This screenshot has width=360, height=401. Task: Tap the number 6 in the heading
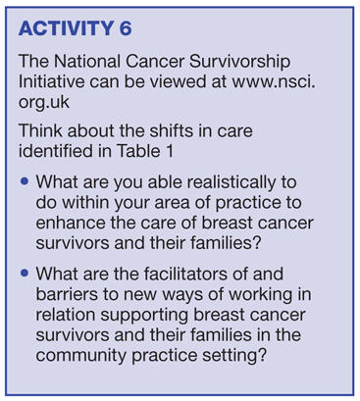[x=126, y=28]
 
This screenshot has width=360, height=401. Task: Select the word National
[x=87, y=61]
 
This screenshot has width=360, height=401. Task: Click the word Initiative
[x=51, y=81]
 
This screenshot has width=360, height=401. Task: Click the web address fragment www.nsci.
[x=274, y=81]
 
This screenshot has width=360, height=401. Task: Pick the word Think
[x=40, y=130]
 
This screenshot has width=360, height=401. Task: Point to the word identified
[x=56, y=151]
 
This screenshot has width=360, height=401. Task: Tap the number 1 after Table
[x=170, y=151]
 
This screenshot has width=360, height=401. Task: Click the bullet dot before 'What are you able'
[x=25, y=181]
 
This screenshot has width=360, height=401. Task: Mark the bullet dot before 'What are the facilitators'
[x=25, y=273]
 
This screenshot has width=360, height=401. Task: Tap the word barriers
[x=67, y=294]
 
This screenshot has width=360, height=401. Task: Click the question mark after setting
[x=262, y=355]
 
